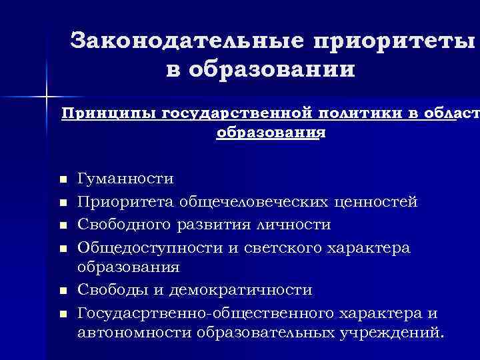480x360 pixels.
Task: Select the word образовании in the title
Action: (269, 69)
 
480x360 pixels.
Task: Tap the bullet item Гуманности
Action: (125, 179)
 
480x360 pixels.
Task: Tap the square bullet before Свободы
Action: (63, 291)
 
